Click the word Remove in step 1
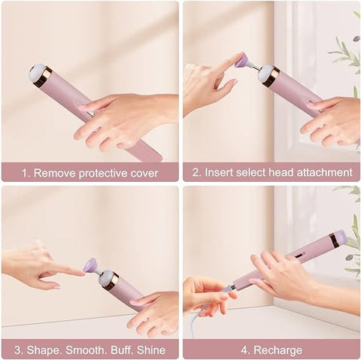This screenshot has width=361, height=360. (x=53, y=172)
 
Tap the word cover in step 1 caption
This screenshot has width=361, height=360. (x=143, y=172)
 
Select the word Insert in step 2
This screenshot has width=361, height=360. (x=221, y=172)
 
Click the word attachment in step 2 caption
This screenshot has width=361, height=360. (x=320, y=172)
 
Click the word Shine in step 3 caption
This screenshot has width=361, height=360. (x=150, y=349)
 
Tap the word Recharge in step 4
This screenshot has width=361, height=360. (x=278, y=349)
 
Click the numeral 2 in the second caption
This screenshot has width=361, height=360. (x=193, y=172)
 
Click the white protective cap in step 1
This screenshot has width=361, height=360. (x=36, y=73)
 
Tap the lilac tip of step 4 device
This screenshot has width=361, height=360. (x=341, y=237)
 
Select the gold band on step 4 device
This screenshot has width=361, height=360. (x=332, y=241)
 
